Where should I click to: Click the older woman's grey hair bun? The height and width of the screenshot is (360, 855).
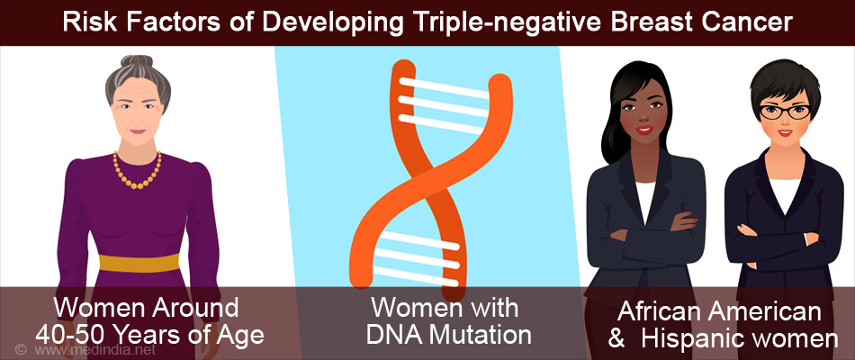coord(137,64)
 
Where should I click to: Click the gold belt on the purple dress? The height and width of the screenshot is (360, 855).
coord(139,263)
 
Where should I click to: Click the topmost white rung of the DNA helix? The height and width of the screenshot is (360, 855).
coord(444,88)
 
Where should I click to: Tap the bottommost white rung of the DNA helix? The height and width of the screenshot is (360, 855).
coord(413,274)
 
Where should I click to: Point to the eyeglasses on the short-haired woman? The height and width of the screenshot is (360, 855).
coord(785,112)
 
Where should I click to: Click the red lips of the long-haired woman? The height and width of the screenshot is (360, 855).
coord(645,130)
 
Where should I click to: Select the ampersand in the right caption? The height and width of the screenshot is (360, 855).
coord(616,339)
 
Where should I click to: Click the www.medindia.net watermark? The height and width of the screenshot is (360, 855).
coord(94,350)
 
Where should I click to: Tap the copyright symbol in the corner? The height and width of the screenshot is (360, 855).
coord(21,349)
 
